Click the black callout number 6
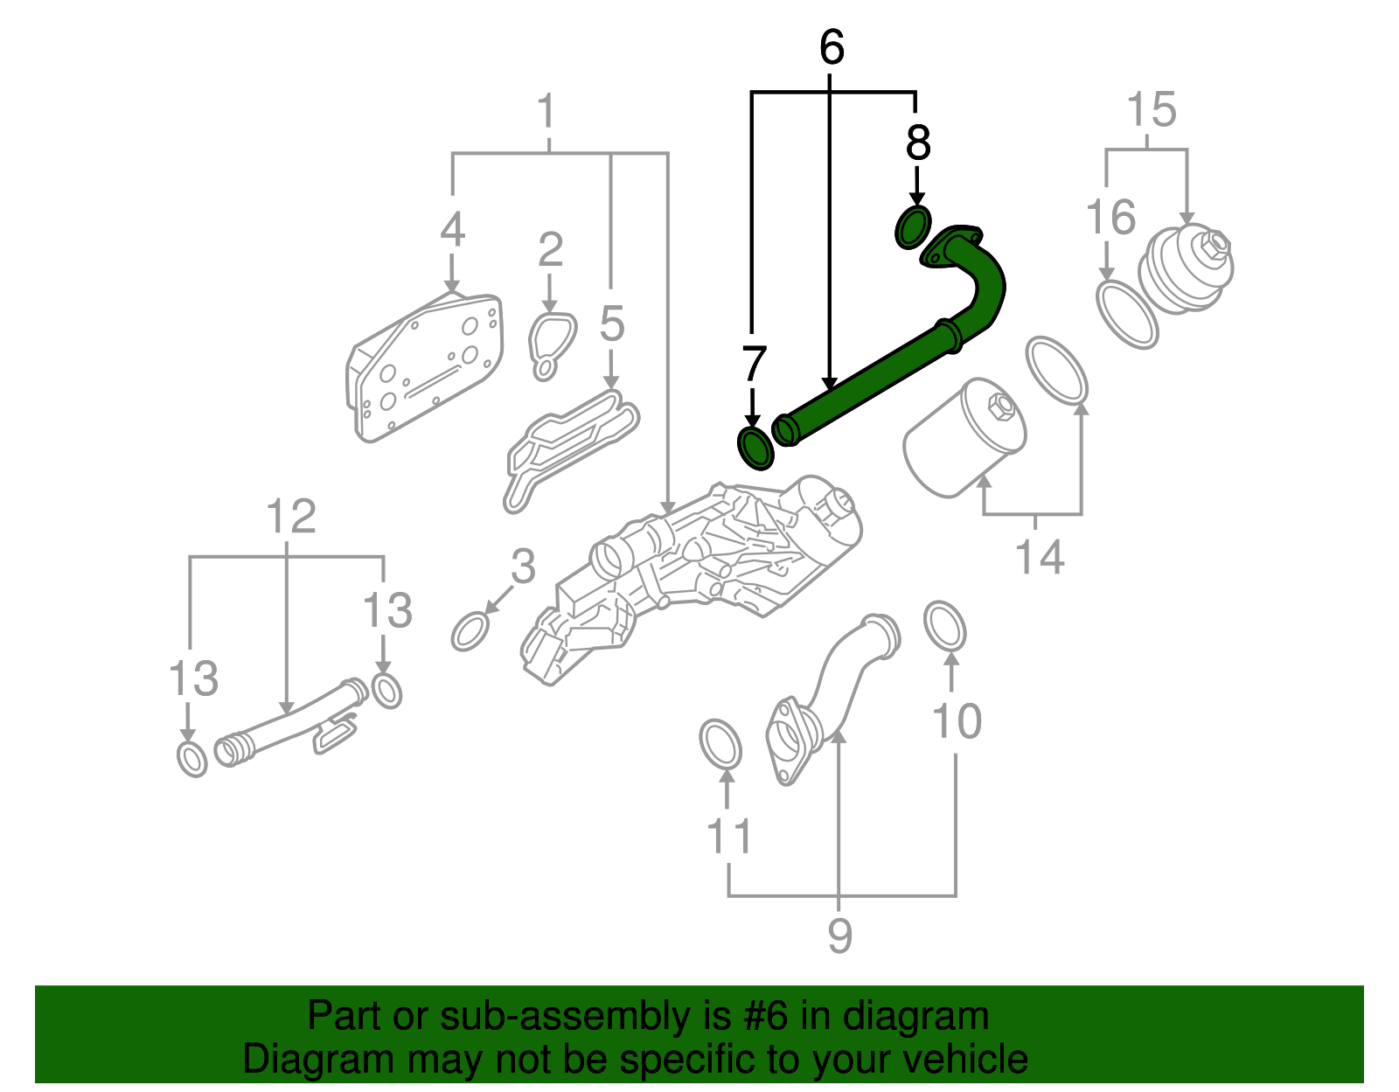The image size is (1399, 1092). [832, 48]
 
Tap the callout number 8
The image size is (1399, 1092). [917, 143]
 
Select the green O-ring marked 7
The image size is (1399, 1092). [755, 448]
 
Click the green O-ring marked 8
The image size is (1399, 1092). [913, 227]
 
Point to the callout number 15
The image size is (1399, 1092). [1151, 111]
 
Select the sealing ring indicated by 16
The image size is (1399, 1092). [1127, 315]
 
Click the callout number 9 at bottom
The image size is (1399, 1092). [839, 936]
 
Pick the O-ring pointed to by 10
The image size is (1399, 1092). [945, 626]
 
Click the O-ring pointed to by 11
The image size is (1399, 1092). [720, 744]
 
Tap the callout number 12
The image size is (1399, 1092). [290, 517]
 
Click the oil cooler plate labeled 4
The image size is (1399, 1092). [427, 367]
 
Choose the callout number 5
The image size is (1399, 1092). [612, 324]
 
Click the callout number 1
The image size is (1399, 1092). [546, 112]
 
